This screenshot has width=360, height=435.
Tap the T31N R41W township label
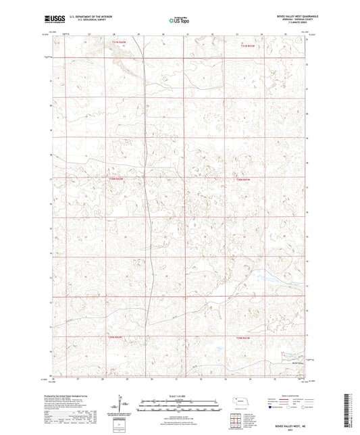(249, 45)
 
